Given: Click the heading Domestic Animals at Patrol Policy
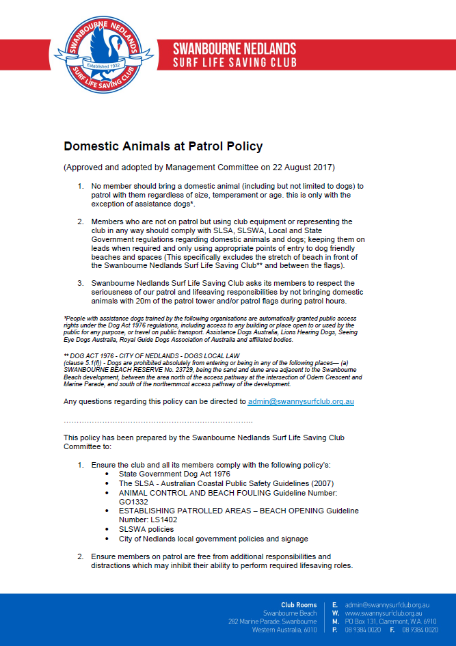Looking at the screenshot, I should [x=163, y=146].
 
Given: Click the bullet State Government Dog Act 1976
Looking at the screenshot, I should [x=174, y=474].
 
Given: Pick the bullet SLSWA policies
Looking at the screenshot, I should [x=146, y=529].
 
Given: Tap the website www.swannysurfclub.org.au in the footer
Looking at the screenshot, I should [x=387, y=613].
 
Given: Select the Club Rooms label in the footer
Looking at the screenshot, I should [x=299, y=605].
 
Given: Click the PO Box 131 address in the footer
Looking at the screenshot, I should [x=390, y=621].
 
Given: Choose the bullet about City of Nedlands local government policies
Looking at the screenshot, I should [x=213, y=539].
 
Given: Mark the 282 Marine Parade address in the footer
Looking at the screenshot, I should [x=272, y=621].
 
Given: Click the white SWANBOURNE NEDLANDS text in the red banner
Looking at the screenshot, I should [x=234, y=49].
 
